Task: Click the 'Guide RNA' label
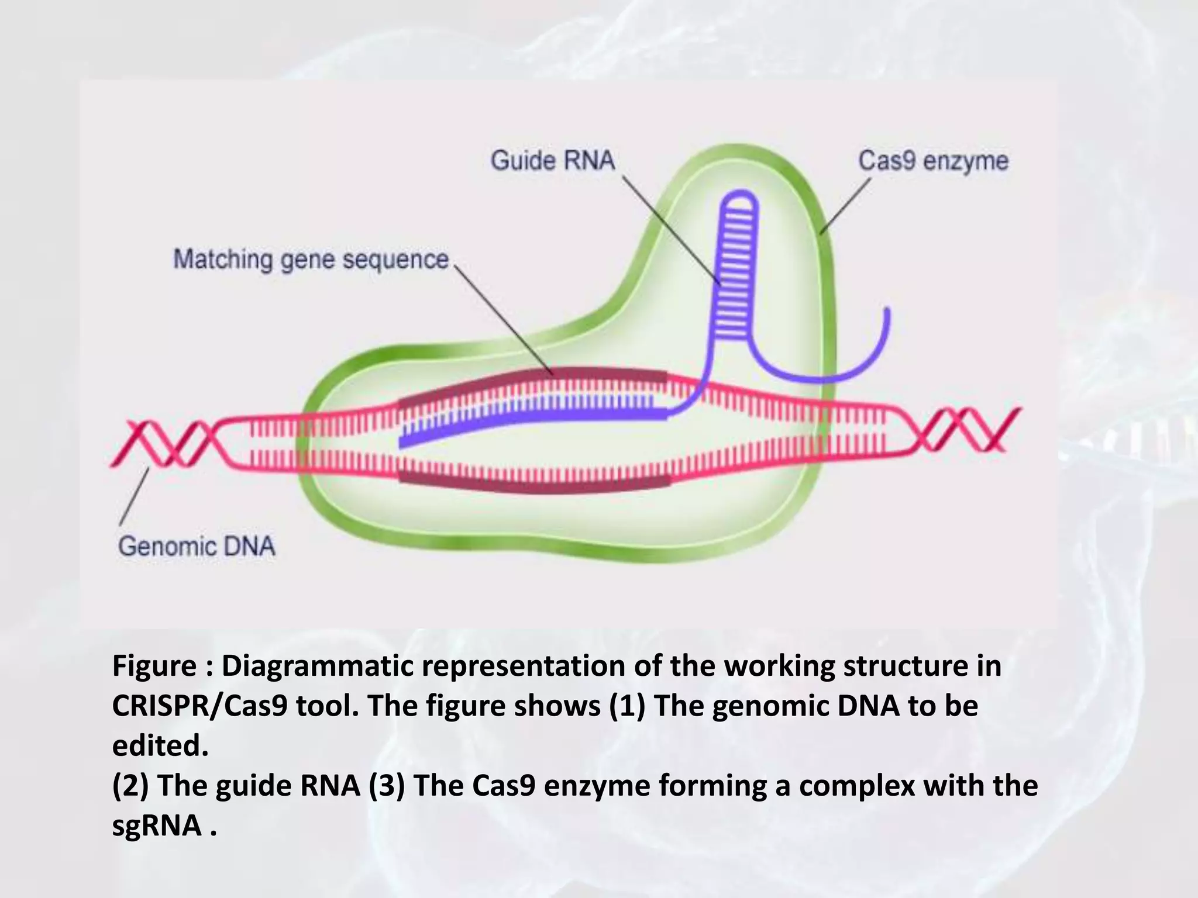tap(553, 160)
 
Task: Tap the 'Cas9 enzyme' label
tap(933, 161)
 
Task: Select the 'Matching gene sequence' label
tap(311, 260)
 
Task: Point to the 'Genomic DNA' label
tap(197, 547)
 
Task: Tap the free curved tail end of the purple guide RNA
tap(887, 316)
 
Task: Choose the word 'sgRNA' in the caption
tap(157, 826)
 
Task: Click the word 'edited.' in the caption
tap(160, 745)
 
